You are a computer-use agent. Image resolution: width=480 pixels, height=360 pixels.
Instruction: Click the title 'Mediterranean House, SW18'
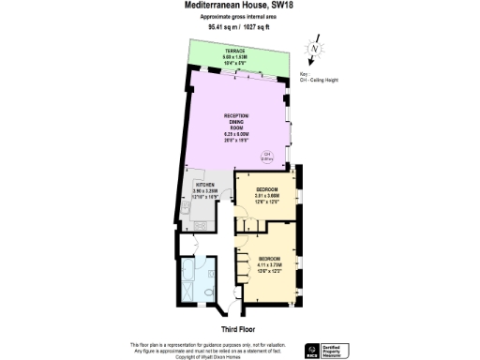tap(239, 6)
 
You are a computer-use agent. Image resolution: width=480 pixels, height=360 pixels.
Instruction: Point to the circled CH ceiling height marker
tap(265, 156)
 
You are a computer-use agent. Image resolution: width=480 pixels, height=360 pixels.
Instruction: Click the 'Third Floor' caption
tap(239, 330)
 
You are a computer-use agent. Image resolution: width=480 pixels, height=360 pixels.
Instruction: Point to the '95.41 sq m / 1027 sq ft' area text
tap(239, 27)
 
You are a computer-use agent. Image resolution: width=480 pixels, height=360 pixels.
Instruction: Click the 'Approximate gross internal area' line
tap(239, 17)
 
